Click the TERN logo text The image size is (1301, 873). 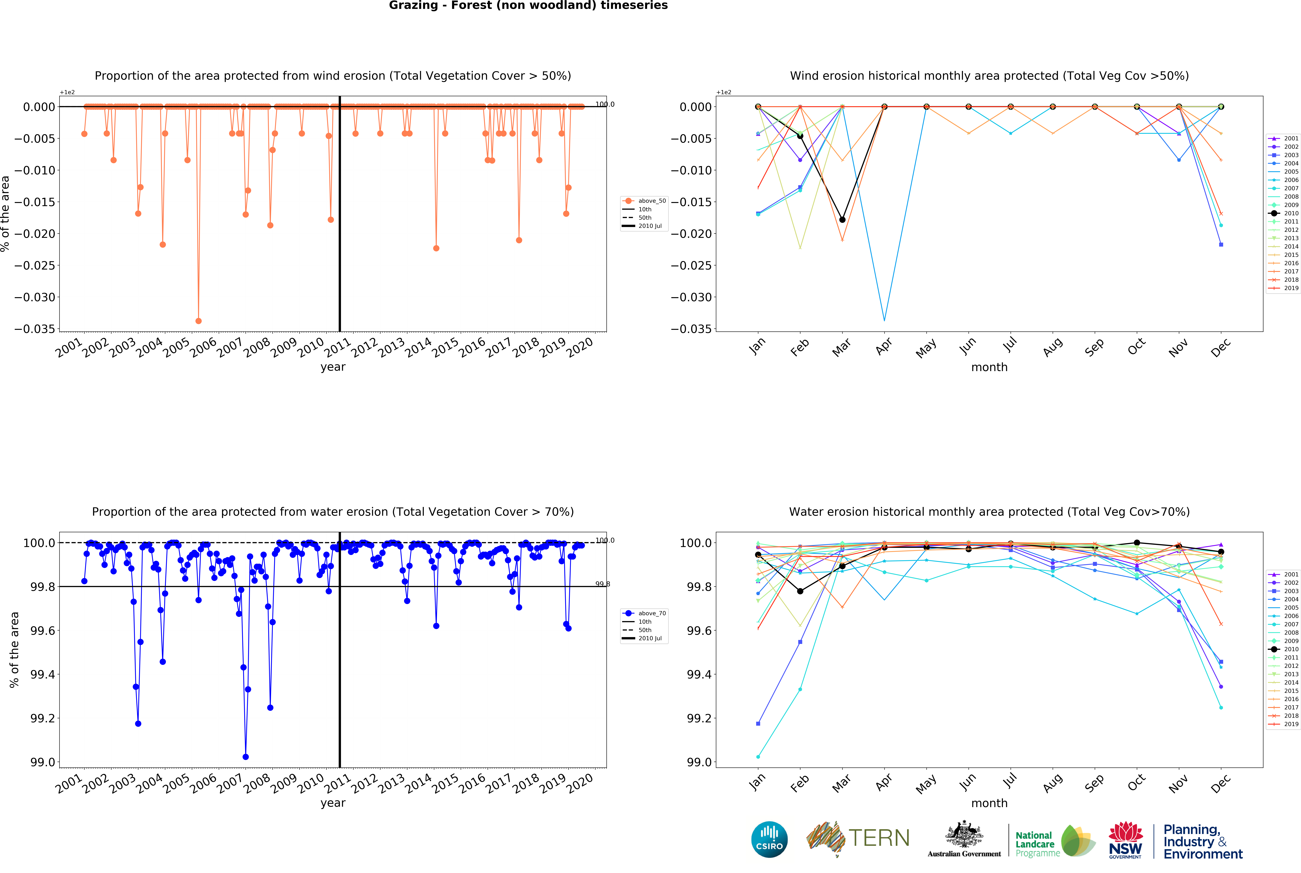(x=879, y=838)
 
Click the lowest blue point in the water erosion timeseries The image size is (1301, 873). (x=245, y=757)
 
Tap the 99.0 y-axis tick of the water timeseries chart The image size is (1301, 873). (x=43, y=762)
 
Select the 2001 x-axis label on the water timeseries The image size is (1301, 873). (x=69, y=784)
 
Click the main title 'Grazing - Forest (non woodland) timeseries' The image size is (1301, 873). (x=528, y=6)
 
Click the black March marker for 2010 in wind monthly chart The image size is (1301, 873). (x=842, y=220)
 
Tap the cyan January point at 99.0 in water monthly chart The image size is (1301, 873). (x=758, y=757)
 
